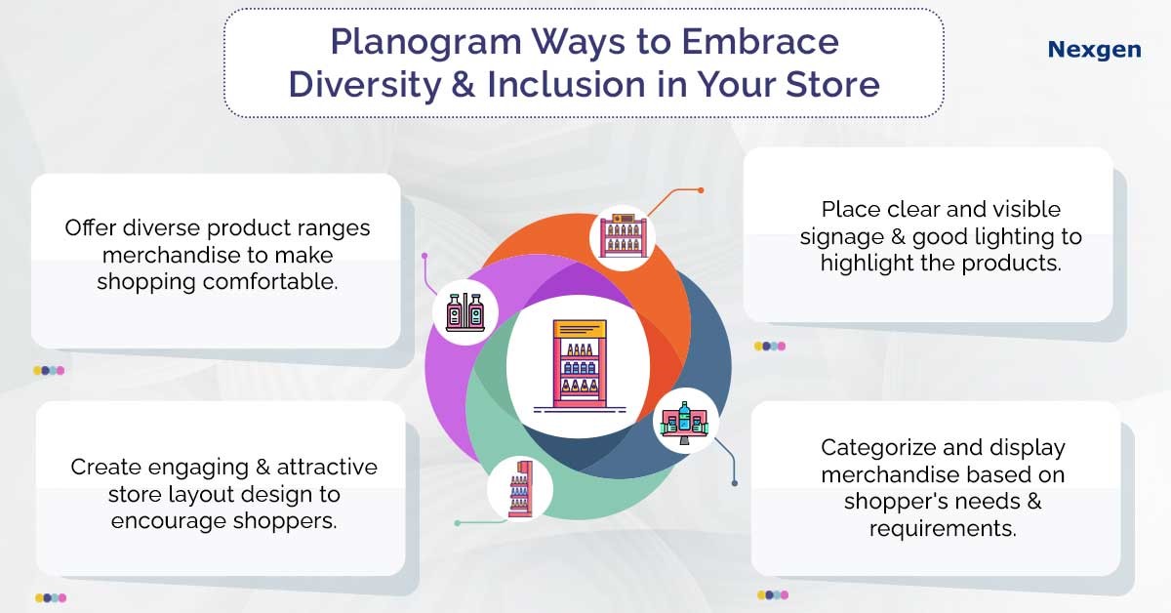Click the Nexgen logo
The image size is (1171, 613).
pos(1094,49)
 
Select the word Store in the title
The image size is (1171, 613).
pos(831,84)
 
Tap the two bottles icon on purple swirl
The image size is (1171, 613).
pos(465,311)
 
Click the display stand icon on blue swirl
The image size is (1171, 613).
pos(685,422)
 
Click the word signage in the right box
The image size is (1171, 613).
pos(861,237)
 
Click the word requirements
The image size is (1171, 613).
pos(943,529)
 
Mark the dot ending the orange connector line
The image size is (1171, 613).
pos(700,189)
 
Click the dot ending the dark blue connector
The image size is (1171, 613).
pos(735,482)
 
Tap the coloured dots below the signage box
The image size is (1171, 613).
pos(769,346)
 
